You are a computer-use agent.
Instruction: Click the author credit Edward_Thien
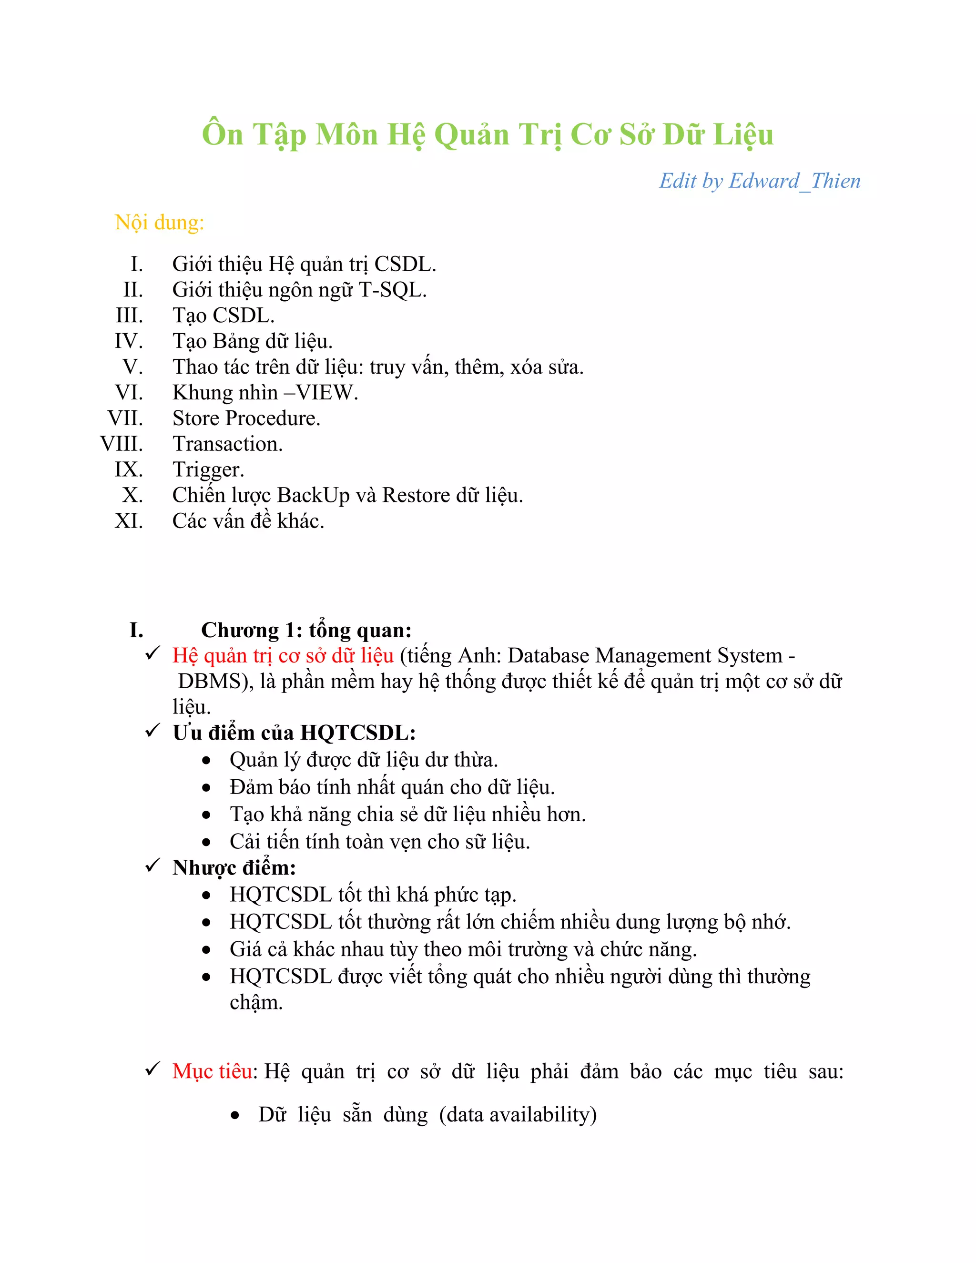[x=794, y=181]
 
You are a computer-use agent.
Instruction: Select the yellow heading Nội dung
[x=159, y=223]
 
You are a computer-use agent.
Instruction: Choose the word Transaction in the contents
[x=227, y=444]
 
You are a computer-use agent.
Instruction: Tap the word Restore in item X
[x=416, y=496]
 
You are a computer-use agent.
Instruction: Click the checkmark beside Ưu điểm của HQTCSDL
[x=152, y=731]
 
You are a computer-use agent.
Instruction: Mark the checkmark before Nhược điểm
[x=152, y=866]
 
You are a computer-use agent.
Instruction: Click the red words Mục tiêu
[x=212, y=1071]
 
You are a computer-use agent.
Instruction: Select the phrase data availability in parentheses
[x=518, y=1114]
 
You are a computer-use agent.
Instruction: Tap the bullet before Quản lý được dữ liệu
[x=206, y=761]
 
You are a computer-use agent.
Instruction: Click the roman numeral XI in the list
[x=128, y=521]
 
